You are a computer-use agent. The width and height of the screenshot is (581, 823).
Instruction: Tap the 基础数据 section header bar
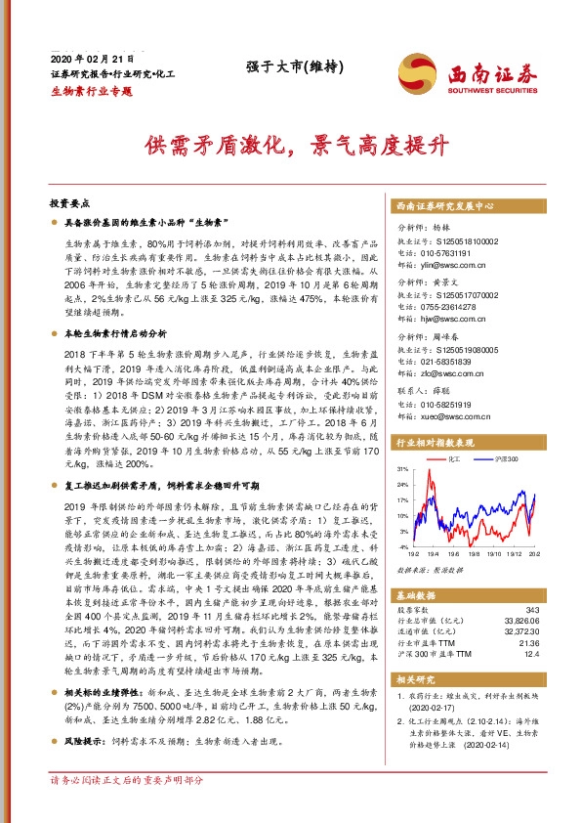(x=464, y=593)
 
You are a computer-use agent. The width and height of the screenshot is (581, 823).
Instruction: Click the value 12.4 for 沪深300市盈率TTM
(x=528, y=654)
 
